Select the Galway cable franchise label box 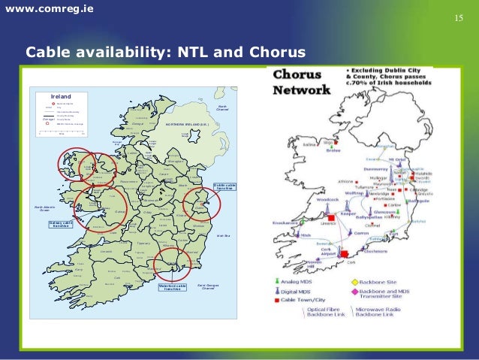pos(60,224)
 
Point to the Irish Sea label pos(222,236)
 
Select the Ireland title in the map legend pos(61,97)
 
